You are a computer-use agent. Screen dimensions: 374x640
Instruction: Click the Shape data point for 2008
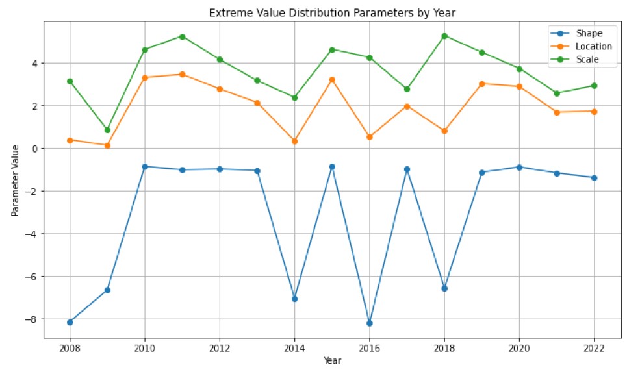(70, 322)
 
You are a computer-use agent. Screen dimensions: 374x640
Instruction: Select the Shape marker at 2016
(369, 323)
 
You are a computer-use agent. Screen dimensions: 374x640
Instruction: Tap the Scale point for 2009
(107, 130)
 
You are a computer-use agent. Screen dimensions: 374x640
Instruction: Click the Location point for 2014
(294, 141)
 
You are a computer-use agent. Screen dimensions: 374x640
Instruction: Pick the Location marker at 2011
(182, 74)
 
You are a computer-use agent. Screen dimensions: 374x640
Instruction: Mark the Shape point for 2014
(294, 299)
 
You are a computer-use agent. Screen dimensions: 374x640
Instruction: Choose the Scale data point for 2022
(594, 86)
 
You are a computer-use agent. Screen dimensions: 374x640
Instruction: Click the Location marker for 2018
(444, 131)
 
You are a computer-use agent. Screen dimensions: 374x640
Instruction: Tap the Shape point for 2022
(594, 177)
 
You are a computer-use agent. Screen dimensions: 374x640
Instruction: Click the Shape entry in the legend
(589, 34)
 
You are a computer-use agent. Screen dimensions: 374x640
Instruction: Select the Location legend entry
(593, 47)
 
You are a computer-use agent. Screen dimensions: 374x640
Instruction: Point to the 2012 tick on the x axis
(220, 347)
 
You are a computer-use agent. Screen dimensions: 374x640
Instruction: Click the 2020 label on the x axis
(519, 347)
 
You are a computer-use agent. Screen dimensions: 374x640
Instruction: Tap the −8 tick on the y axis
(34, 319)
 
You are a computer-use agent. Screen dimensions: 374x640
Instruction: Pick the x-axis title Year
(332, 360)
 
